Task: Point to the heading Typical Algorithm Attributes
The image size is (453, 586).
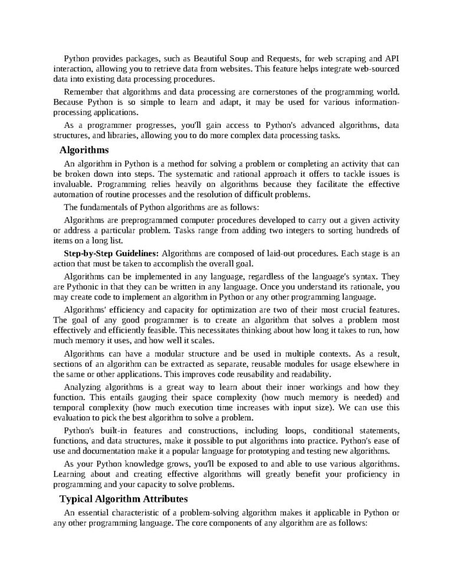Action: pyautogui.click(x=123, y=499)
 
